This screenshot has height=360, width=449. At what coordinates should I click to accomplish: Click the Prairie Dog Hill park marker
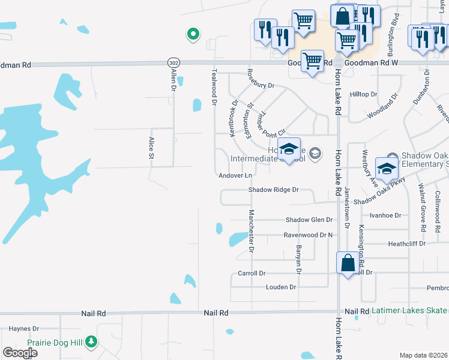click(91, 342)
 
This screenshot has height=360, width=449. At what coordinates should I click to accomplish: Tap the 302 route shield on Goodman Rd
click(173, 62)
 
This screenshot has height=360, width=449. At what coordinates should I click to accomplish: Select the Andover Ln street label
click(235, 175)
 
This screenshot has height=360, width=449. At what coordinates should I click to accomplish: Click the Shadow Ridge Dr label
click(274, 190)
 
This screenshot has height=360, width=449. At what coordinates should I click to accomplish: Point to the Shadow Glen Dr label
click(309, 220)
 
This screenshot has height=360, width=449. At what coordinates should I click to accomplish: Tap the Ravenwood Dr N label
click(308, 235)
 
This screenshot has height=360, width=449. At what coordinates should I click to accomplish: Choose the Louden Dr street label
click(281, 287)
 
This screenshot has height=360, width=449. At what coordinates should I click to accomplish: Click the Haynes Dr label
click(24, 329)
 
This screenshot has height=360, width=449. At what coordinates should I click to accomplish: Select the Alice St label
click(151, 148)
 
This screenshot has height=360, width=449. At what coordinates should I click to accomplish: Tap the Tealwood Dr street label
click(214, 87)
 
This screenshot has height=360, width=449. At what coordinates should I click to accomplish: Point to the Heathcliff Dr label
click(406, 244)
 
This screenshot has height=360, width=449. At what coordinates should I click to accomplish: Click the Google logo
click(20, 353)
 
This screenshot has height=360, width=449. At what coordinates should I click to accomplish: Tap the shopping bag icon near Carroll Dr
click(348, 263)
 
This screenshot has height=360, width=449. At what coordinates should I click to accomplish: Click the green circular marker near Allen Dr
click(193, 34)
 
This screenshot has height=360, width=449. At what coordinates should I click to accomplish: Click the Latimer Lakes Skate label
click(409, 311)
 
